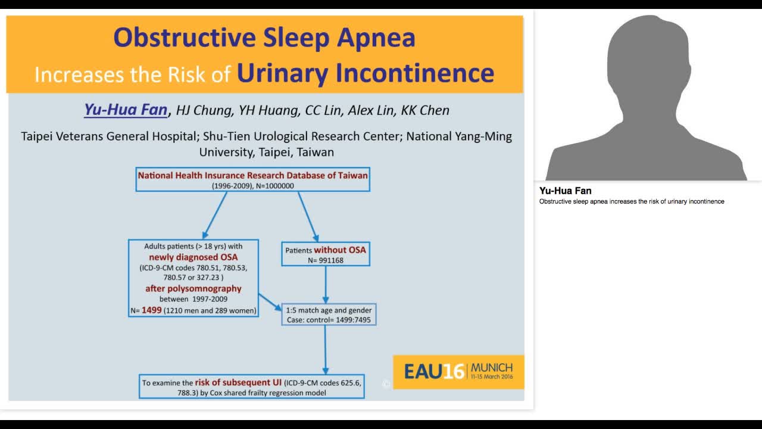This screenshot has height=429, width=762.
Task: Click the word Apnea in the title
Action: tap(376, 38)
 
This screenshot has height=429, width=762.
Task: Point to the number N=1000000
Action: tap(274, 186)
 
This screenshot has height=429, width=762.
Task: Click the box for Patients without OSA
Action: tap(325, 254)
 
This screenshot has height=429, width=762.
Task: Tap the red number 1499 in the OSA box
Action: tap(152, 310)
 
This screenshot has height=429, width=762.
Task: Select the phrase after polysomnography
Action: tap(193, 288)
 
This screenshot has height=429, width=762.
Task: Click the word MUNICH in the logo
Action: tap(491, 366)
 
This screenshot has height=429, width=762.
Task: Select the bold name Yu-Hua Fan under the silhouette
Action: tap(566, 191)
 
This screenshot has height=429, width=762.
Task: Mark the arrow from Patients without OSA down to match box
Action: tap(325, 284)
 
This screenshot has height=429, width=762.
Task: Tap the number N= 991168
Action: tap(325, 260)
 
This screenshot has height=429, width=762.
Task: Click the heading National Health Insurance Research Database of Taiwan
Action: tap(253, 176)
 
